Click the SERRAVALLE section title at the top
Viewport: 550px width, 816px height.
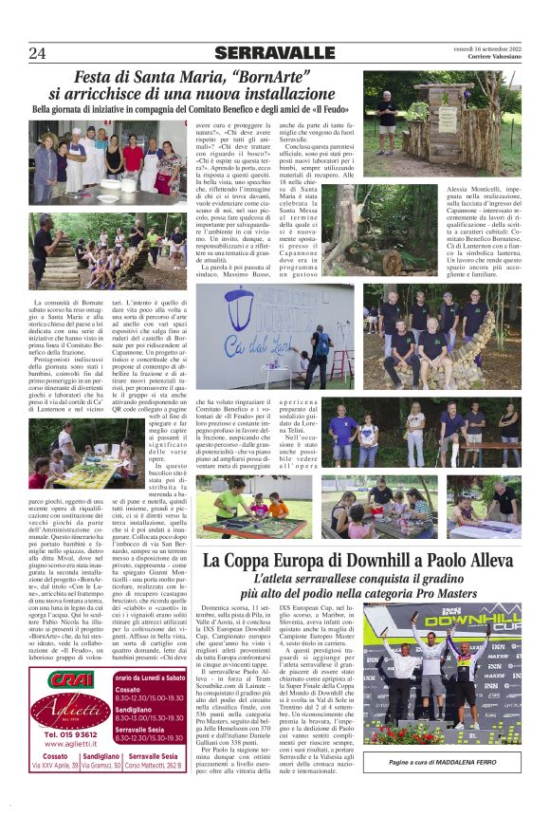[x=274, y=53]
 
